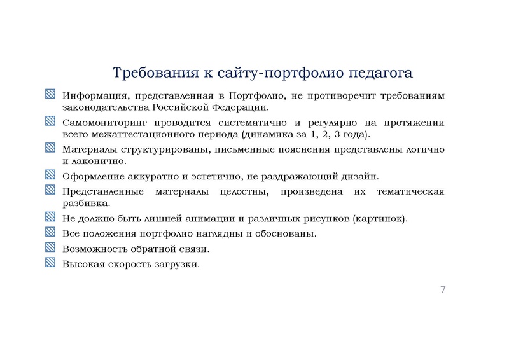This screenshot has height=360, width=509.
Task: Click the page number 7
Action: pos(442,290)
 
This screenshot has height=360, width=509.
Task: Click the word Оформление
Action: pos(89,176)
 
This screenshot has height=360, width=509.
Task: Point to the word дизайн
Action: pos(360,176)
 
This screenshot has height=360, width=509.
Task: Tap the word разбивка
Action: pos(86,204)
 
